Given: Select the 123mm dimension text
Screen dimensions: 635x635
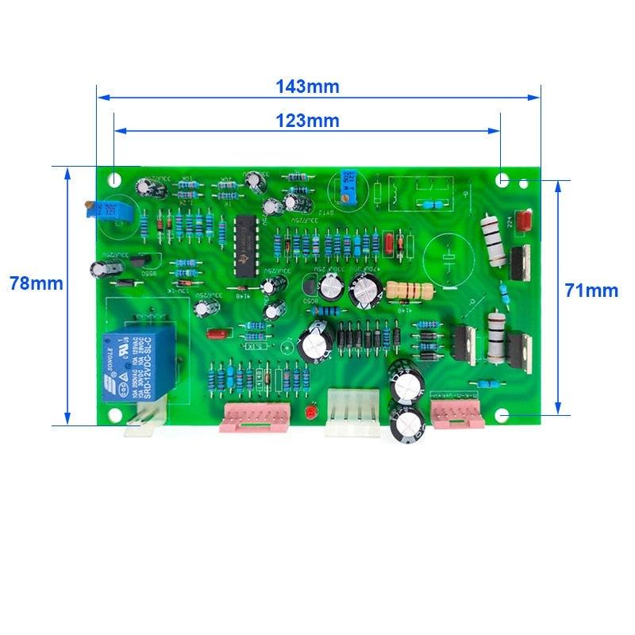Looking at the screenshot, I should tap(307, 121).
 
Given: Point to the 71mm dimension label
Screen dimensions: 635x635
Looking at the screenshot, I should tap(591, 290).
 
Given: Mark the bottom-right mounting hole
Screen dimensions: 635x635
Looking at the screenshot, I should tap(502, 415).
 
